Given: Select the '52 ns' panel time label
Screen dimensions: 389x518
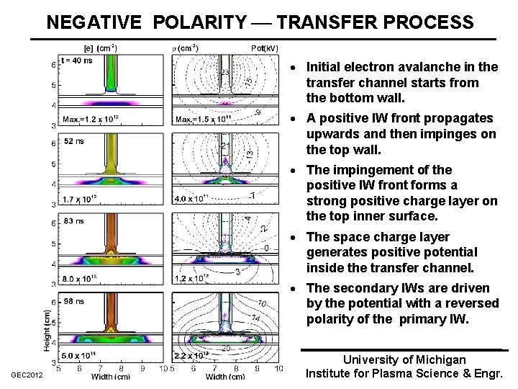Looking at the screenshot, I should coord(73,141).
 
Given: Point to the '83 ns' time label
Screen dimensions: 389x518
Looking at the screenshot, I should coord(73,220).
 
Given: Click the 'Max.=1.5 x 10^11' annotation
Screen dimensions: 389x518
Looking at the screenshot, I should coord(204,119).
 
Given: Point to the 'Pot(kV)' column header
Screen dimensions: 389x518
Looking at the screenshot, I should coord(264,48).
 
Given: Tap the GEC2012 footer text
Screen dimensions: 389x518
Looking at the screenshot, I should coord(27,375).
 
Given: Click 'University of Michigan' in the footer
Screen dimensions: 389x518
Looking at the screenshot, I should coord(404,359).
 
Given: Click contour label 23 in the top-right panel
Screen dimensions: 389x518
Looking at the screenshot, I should coord(224,73).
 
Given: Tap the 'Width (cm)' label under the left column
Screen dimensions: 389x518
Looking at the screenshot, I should coord(111,376).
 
